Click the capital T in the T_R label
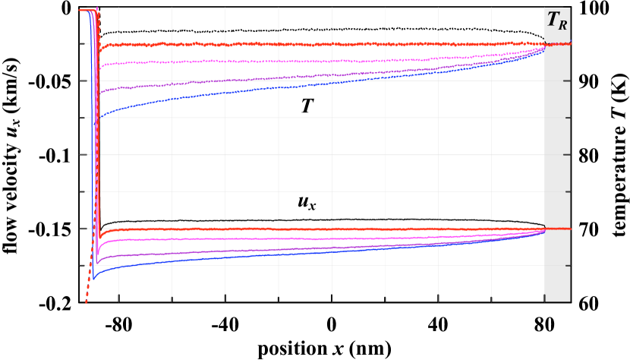point(553,20)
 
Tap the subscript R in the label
point(562,26)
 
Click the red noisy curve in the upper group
point(304,44)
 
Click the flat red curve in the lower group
point(304,229)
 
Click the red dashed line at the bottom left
point(87,292)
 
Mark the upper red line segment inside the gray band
point(558,44)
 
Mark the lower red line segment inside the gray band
point(558,229)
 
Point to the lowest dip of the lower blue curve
point(94,279)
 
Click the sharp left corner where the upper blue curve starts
point(99,117)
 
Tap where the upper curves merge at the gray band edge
point(543,47)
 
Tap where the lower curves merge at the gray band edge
point(543,230)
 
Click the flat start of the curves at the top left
point(83,10)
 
